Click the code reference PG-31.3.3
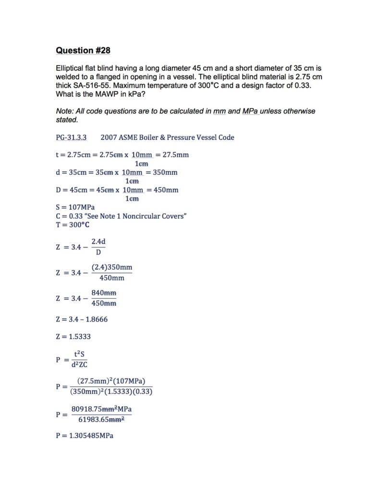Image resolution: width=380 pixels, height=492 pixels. (71, 137)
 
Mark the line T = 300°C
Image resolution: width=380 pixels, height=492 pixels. (73, 225)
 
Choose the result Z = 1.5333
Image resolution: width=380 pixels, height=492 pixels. (73, 336)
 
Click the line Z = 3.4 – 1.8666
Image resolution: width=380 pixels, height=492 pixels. (82, 319)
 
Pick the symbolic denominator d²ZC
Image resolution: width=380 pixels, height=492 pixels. (80, 365)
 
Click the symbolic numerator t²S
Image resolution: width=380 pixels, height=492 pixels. (79, 354)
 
